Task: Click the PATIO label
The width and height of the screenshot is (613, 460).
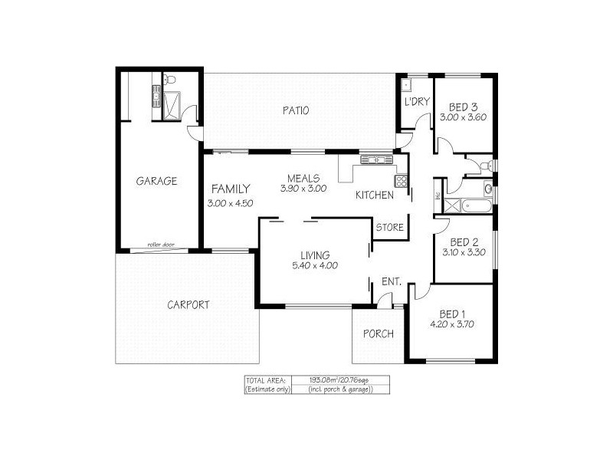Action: pyautogui.click(x=294, y=110)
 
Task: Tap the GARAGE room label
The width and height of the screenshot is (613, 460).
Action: pyautogui.click(x=156, y=182)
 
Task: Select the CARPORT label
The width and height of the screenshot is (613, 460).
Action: pyautogui.click(x=188, y=304)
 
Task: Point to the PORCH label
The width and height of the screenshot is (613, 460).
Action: pyautogui.click(x=379, y=333)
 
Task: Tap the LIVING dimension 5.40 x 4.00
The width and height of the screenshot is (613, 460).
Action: pyautogui.click(x=315, y=266)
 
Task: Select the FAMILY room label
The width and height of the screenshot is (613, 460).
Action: pyautogui.click(x=230, y=189)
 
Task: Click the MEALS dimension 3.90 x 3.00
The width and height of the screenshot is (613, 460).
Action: pyautogui.click(x=303, y=188)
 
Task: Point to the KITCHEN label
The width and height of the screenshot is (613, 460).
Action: pyautogui.click(x=374, y=195)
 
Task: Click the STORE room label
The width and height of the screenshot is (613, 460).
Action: pyautogui.click(x=389, y=228)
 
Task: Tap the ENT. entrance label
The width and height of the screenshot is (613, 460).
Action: pyautogui.click(x=392, y=282)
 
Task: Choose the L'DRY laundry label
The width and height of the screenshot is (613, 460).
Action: pyautogui.click(x=416, y=102)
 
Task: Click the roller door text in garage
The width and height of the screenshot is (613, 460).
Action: pyautogui.click(x=162, y=245)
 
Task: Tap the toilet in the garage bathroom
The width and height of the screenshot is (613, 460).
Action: pyautogui.click(x=172, y=79)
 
